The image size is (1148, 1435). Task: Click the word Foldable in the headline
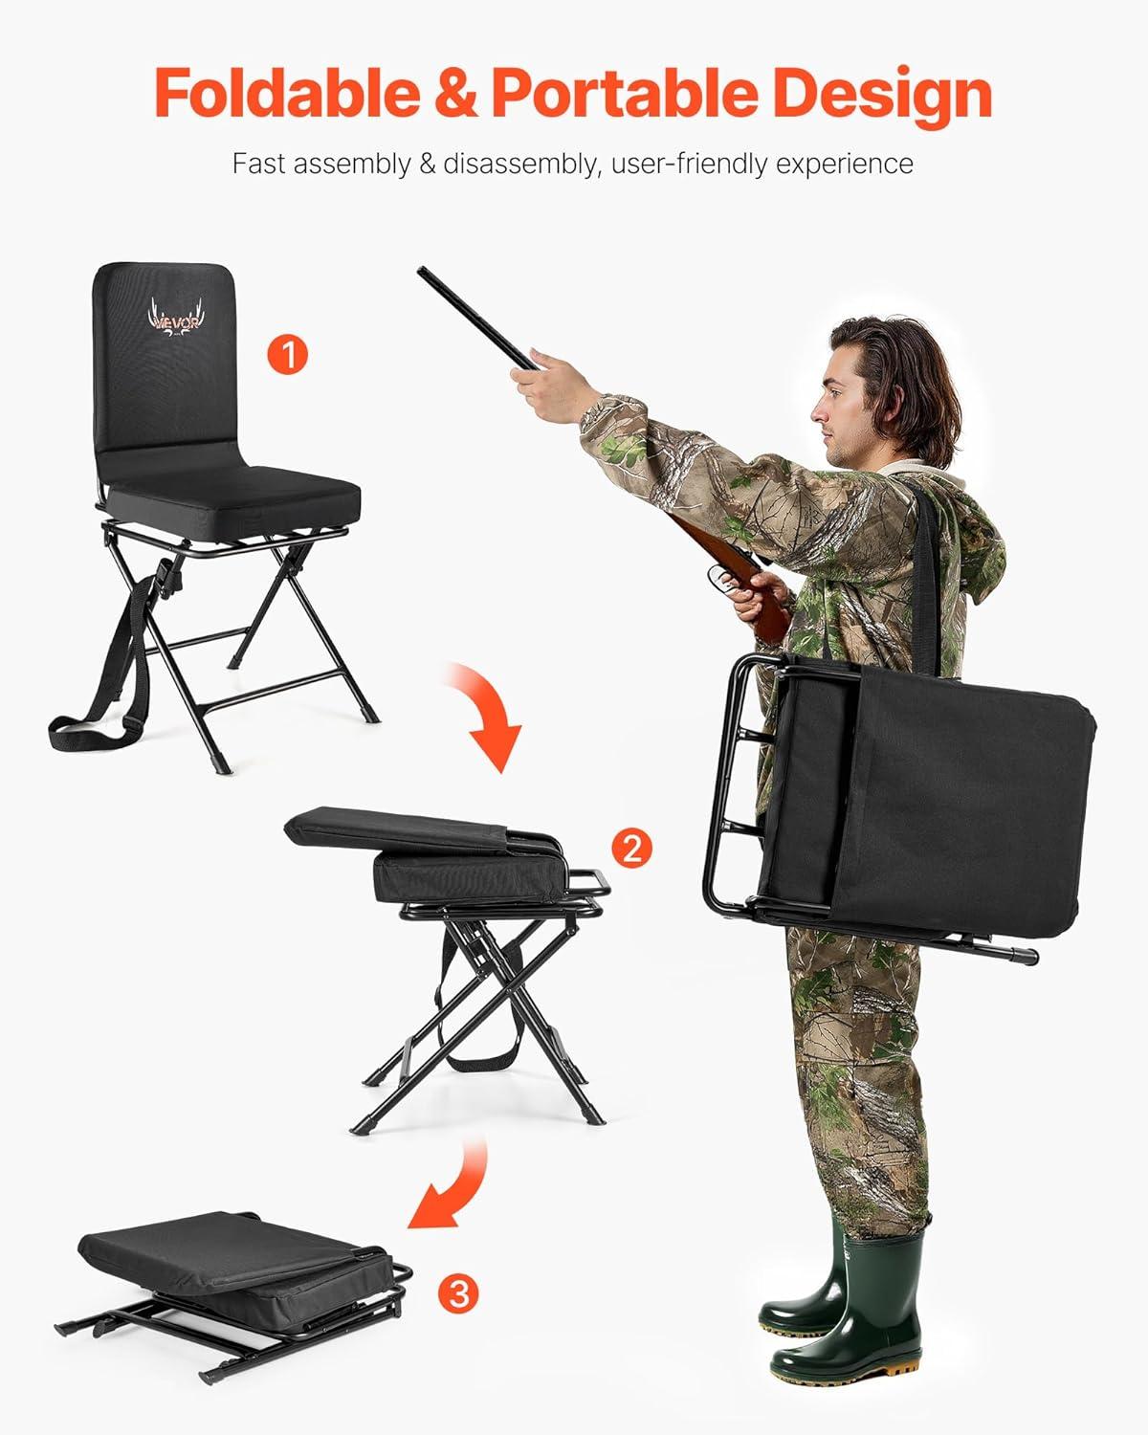(288, 94)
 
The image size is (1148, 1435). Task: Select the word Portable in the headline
(625, 94)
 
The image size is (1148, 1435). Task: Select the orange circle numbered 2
(631, 848)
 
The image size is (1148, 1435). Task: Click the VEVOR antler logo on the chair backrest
(175, 319)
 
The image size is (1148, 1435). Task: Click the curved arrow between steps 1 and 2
(489, 710)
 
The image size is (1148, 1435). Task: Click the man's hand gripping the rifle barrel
(543, 386)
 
